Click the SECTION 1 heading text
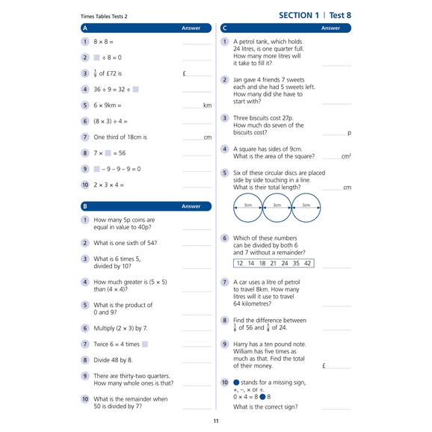point(298,15)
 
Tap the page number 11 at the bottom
point(216,422)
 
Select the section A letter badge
point(84,28)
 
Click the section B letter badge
point(84,206)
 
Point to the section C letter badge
point(225,28)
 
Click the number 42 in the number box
point(307,263)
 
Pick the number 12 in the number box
point(240,263)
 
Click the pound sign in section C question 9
point(324,366)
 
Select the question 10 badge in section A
point(84,185)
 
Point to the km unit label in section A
point(207,105)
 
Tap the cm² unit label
point(346,156)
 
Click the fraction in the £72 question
point(96,73)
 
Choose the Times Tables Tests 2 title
point(104,16)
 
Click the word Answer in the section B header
point(191,206)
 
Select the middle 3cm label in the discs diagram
point(277,205)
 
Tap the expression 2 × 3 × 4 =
point(108,185)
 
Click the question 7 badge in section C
point(225,283)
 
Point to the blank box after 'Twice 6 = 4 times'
point(145,344)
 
